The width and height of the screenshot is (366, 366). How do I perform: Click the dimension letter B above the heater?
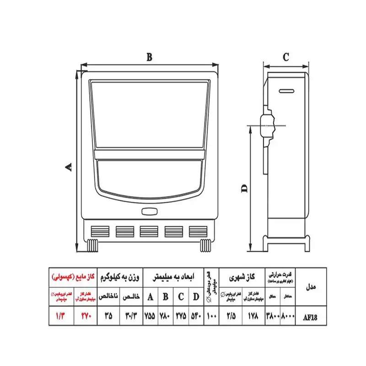(x=149, y=57)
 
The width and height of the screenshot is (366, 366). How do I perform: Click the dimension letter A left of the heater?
(x=69, y=167)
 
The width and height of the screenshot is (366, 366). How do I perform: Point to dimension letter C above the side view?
(x=285, y=57)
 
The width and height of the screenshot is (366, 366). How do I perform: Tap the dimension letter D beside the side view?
(x=244, y=188)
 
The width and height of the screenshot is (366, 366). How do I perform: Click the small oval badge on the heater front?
(x=150, y=212)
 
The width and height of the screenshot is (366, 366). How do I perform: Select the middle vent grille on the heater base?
(x=149, y=231)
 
